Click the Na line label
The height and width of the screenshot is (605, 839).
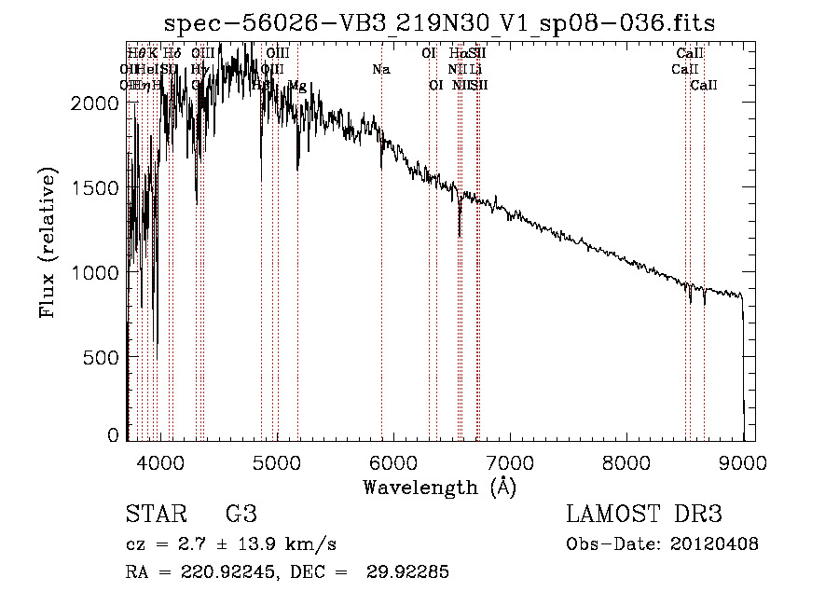(380, 69)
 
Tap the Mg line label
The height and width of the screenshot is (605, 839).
(296, 86)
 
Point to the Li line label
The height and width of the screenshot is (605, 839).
(475, 69)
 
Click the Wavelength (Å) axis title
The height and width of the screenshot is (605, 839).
(439, 487)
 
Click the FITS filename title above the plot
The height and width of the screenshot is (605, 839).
(440, 23)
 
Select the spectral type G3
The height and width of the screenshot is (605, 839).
(241, 514)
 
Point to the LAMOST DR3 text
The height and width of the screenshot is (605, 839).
(644, 514)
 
